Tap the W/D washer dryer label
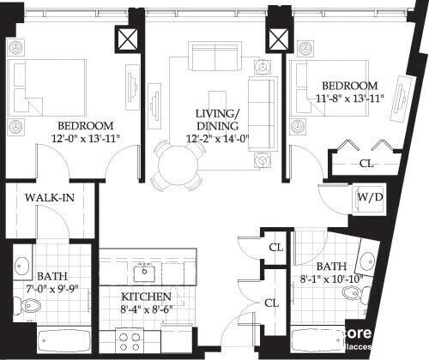pos(369,197)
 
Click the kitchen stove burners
pos(130,341)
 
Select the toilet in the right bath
pos(351,294)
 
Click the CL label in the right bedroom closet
pos(366,163)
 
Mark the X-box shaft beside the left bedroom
pos(128,39)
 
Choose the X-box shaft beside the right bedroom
pos(277,39)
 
